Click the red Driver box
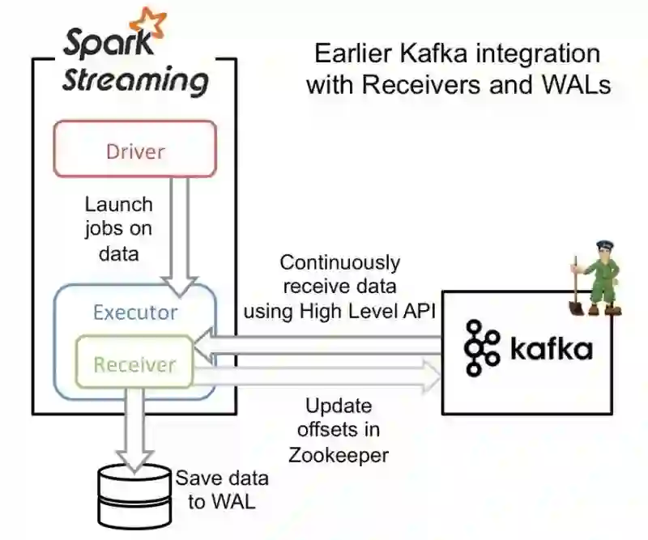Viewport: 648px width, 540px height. coord(135,150)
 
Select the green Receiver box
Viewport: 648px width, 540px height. coord(134,364)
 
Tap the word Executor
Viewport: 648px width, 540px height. coord(135,313)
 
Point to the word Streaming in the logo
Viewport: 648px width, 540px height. coord(136,81)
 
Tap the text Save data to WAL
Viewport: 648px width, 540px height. coord(221,489)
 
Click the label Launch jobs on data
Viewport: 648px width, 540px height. coord(118,229)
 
